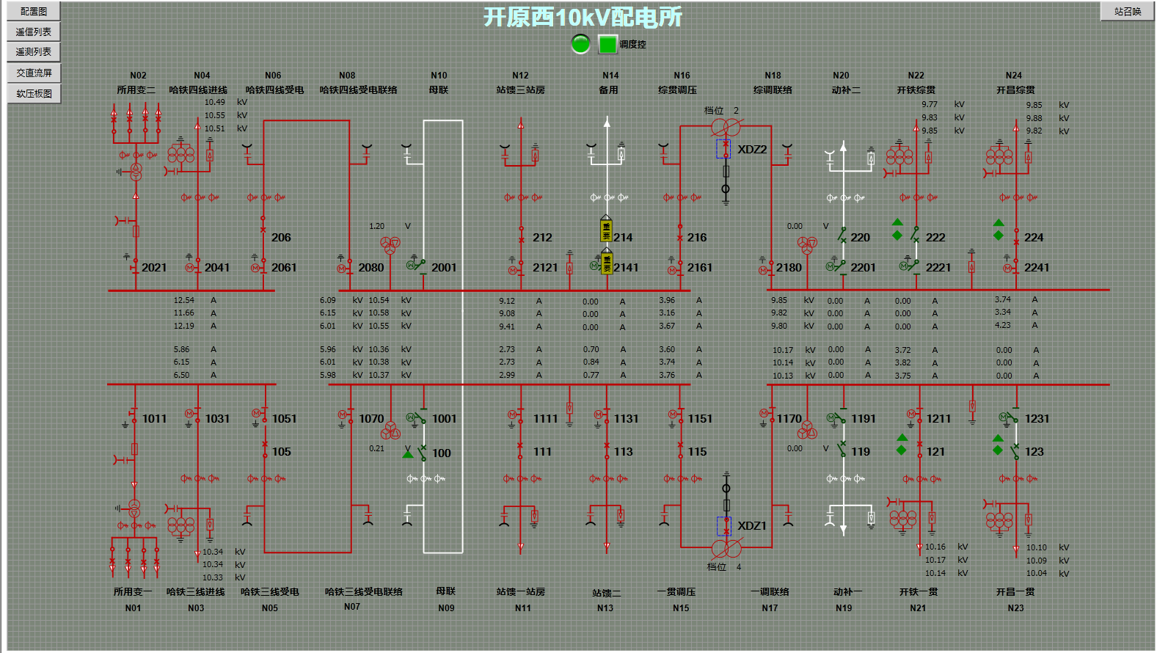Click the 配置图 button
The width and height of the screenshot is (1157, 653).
pos(34,11)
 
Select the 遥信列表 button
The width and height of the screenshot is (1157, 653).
pos(34,32)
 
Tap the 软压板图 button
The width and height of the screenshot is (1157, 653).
pos(34,93)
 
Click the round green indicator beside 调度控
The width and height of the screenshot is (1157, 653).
pos(580,44)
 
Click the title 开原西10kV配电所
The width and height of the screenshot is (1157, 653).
pos(583,17)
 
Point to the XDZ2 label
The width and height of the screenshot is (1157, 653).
pos(752,150)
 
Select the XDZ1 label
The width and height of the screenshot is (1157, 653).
pos(752,526)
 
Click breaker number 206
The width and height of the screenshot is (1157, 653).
pos(281,238)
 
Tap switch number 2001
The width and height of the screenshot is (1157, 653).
pos(444,268)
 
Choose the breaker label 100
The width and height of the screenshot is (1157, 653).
pos(442,453)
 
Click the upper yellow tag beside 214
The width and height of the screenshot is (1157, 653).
pos(606,230)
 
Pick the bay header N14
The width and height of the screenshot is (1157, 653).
pos(610,76)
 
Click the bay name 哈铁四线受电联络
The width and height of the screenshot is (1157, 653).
pos(358,90)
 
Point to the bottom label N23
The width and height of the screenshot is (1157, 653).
pos(1015,608)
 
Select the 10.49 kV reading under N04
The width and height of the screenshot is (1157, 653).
pos(215,103)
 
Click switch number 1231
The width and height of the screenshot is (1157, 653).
pos(1037,419)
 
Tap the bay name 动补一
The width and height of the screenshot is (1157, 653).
pos(847,592)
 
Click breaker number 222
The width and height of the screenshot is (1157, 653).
pos(935,238)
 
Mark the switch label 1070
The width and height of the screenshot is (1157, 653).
pos(371,419)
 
